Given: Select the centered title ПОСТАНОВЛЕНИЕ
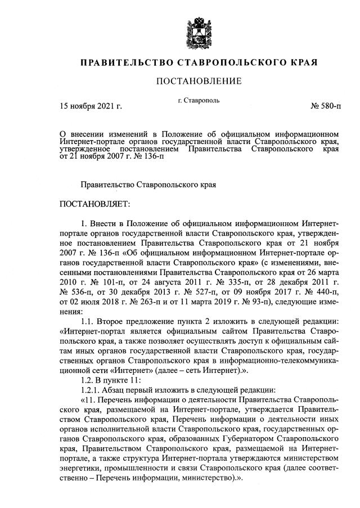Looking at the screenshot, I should [x=199, y=82].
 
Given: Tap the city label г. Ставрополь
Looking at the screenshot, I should [x=199, y=101].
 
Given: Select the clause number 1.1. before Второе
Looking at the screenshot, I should [x=90, y=321].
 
